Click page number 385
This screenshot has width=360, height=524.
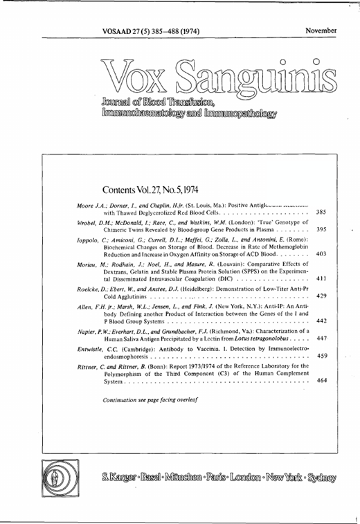pyautogui.click(x=321, y=213)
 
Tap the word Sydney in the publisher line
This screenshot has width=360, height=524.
pyautogui.click(x=323, y=478)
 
